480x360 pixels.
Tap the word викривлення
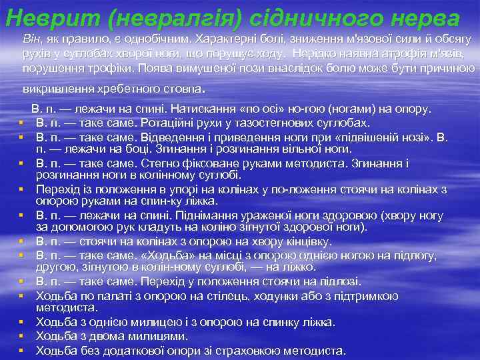(55, 89)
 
